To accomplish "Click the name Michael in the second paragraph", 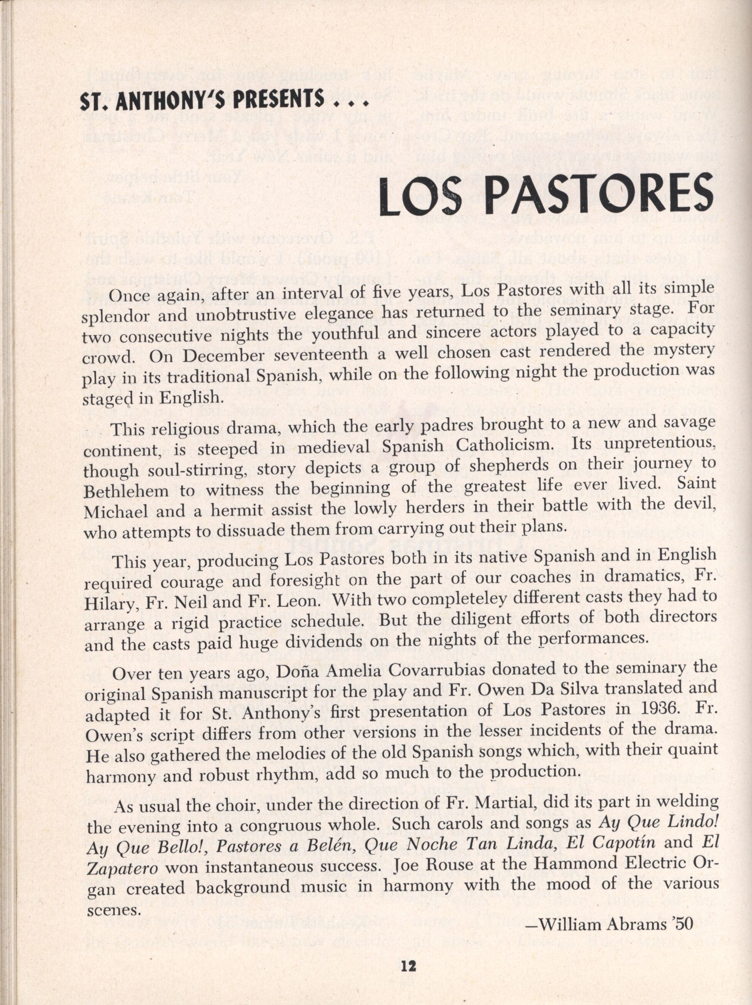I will tap(116, 512).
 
